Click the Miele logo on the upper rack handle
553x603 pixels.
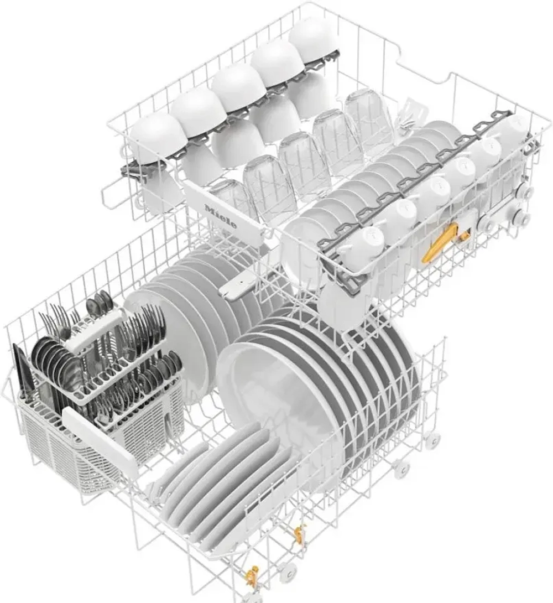(221, 217)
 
